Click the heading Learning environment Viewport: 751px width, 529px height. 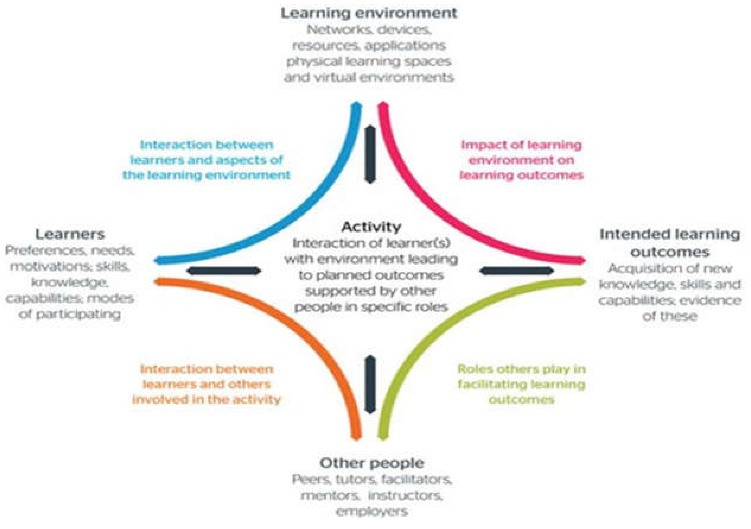tap(369, 13)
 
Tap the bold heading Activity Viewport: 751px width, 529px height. tap(371, 227)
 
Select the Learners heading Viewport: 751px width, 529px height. tap(70, 234)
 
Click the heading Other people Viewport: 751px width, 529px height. tap(371, 463)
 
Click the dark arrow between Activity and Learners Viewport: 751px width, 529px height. tap(224, 271)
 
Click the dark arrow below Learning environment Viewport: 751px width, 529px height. tap(370, 154)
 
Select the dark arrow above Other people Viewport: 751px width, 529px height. tap(370, 384)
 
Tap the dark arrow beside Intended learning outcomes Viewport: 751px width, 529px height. tap(517, 271)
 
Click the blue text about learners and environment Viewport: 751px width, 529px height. tap(206, 160)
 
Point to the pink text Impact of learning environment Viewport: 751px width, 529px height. tap(521, 160)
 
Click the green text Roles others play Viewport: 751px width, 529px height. tap(521, 384)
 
